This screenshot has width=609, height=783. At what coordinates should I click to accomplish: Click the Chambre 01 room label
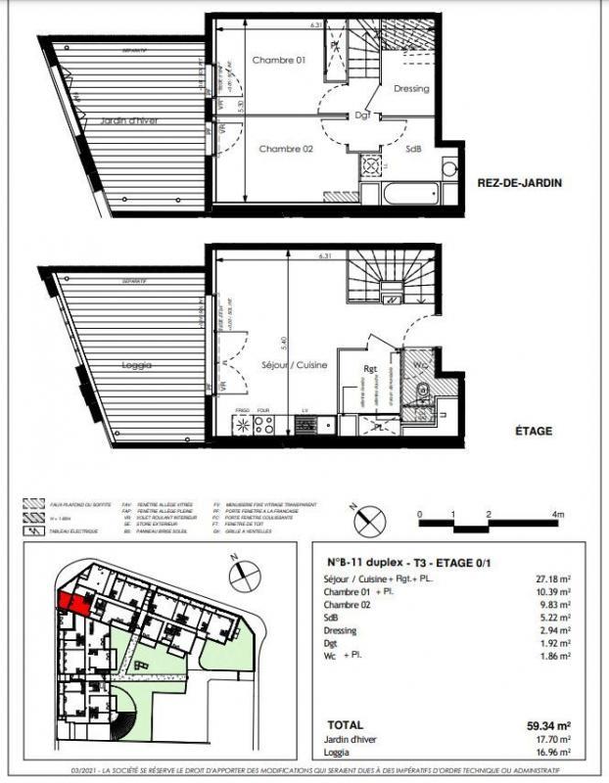click(279, 60)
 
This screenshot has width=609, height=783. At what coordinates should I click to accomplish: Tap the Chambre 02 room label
click(285, 149)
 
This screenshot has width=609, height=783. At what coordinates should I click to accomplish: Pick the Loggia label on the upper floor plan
click(137, 364)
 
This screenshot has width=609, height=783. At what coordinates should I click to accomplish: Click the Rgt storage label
click(371, 369)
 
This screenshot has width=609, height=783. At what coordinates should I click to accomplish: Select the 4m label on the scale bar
click(557, 513)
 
